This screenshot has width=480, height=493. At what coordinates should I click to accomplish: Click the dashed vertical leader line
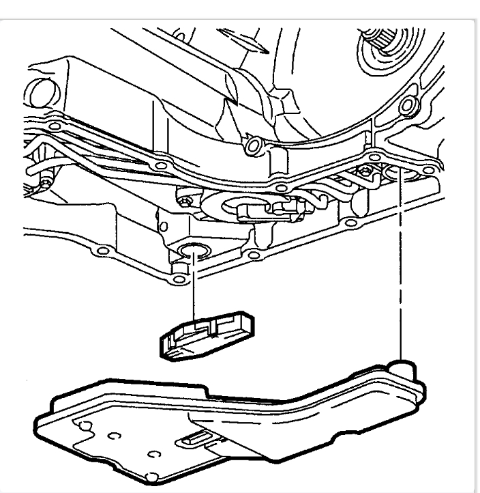403,273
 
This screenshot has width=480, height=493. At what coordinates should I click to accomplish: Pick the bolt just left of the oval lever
185,202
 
